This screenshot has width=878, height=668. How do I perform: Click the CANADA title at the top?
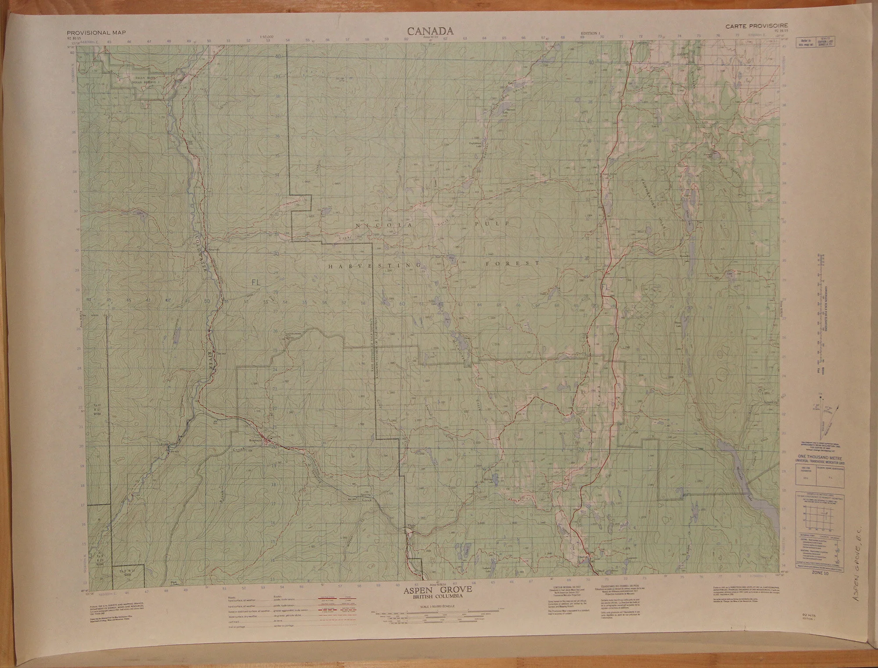coord(430,31)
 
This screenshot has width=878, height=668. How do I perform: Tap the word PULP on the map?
coord(491,223)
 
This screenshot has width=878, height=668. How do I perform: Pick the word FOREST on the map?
coord(512,263)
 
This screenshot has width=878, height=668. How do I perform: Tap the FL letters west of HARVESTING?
coord(256,283)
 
